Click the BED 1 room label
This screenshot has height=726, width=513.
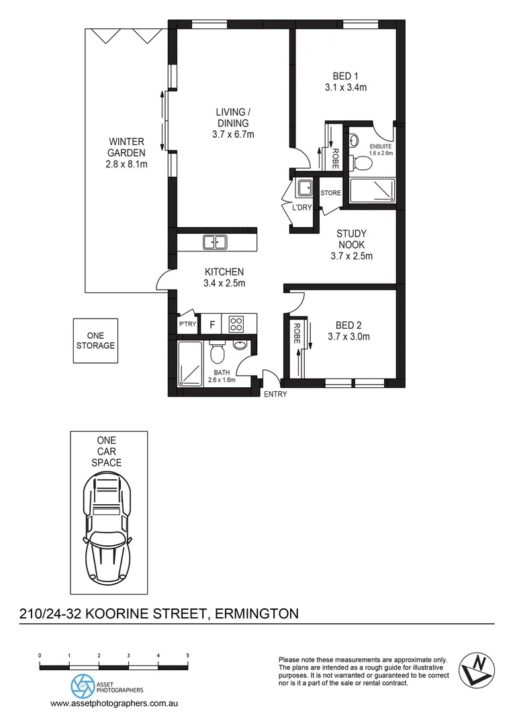(x=348, y=76)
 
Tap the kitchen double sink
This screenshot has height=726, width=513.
(x=216, y=241)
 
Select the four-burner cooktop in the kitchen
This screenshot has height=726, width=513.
(x=236, y=324)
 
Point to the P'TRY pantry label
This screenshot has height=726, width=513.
(x=186, y=325)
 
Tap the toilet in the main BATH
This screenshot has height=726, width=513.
(x=216, y=353)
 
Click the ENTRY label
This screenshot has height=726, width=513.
(x=275, y=394)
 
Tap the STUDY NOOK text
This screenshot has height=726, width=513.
(x=351, y=239)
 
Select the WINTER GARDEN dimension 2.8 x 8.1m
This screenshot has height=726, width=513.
(x=127, y=163)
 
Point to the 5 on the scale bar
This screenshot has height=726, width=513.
(x=188, y=655)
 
